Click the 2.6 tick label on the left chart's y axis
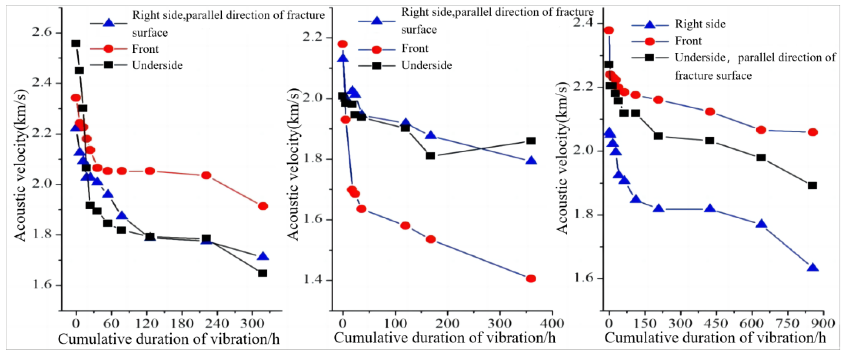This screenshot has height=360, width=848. pos(42,33)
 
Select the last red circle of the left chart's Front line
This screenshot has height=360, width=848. pos(263,206)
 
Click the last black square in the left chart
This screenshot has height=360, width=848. pos(262,273)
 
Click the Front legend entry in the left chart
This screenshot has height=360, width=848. pos(145,49)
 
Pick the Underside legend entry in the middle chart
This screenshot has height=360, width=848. pos(426,65)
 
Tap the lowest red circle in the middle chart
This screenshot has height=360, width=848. pos(531,279)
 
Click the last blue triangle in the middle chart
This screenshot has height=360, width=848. pos(531,161)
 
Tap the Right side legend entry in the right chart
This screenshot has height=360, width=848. pos(700,24)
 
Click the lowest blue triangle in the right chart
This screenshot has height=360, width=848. pos(813,268)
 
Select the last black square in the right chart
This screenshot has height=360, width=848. pos(812,185)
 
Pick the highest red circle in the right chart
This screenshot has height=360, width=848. pos(609,30)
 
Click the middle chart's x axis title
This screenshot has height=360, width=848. pos(444,338)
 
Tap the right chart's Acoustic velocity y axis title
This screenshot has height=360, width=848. pos(562,158)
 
